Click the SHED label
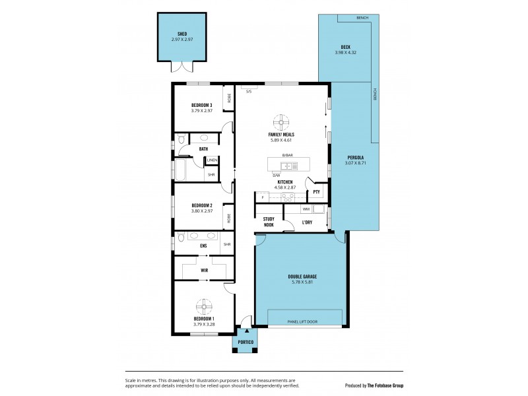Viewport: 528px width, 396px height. (183, 34)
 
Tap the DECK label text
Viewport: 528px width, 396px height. (341, 47)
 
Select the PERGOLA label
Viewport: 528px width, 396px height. (354, 157)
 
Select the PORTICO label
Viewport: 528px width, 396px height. (246, 343)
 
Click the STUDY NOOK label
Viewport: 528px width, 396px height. (269, 222)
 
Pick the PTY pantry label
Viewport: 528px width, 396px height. (317, 192)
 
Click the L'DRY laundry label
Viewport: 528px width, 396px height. (307, 222)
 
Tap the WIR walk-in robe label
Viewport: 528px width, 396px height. (205, 270)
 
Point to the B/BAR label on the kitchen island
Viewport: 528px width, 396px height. (287, 155)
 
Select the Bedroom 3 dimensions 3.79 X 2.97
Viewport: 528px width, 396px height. (201, 110)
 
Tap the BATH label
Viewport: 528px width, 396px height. (203, 148)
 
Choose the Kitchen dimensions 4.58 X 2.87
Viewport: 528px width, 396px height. (285, 187)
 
